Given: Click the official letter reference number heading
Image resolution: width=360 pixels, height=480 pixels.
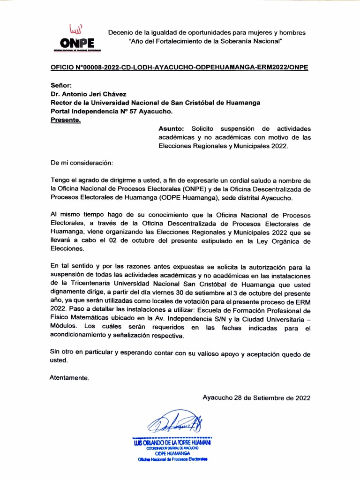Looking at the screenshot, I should [179, 67].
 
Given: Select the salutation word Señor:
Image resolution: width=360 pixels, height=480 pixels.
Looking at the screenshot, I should [61, 85].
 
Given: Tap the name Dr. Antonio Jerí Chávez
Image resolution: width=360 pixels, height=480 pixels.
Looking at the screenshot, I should [88, 94].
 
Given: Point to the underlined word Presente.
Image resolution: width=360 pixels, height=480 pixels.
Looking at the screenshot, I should [65, 120].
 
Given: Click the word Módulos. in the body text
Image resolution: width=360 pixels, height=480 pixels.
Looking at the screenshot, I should [64, 327].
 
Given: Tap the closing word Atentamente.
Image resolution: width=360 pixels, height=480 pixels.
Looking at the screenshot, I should [69, 377].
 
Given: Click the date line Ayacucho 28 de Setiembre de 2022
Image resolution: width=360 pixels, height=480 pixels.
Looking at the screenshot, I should [256, 398].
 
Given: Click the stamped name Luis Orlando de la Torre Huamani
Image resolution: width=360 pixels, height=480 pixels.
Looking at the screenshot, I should [172, 442].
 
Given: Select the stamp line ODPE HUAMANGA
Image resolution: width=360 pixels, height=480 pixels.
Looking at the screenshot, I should [172, 454].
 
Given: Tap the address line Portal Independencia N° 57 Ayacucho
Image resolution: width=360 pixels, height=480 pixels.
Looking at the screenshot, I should [112, 112].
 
